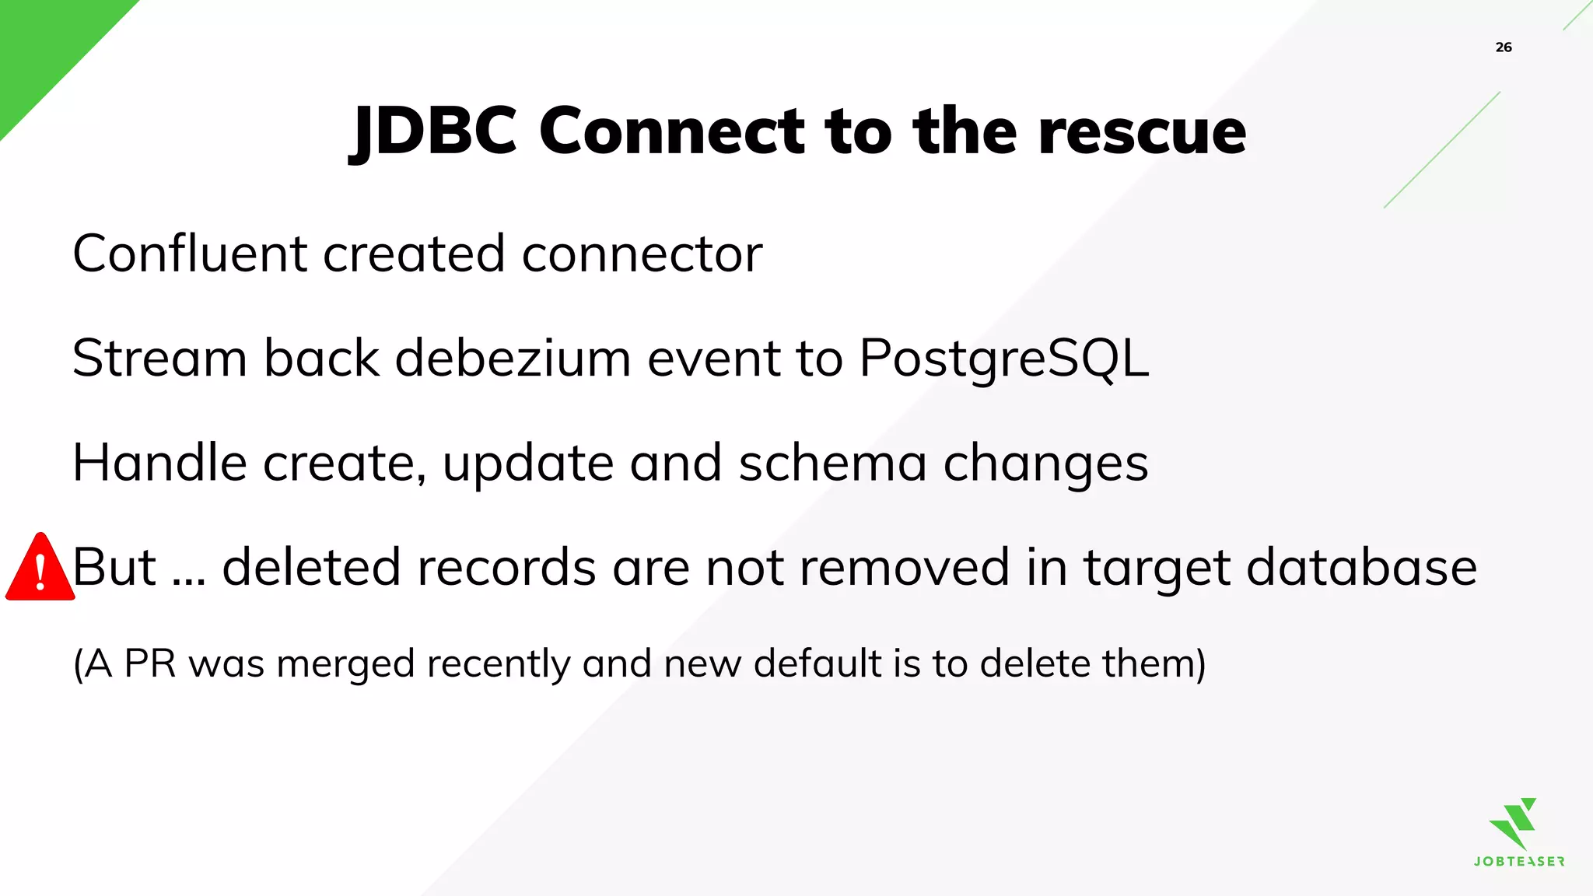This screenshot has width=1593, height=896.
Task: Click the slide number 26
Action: pos(1504,47)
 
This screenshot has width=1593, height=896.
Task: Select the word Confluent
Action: pos(190,254)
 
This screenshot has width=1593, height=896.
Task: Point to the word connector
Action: pos(642,255)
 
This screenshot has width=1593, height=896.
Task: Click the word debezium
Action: pos(513,359)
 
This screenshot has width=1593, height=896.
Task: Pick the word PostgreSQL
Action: pos(1003,359)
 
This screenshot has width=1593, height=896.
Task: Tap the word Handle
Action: pos(159,463)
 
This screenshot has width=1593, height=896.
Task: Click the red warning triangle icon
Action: pos(40,569)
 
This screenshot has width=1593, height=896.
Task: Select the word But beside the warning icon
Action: pos(115,567)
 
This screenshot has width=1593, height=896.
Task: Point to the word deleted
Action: pos(312,567)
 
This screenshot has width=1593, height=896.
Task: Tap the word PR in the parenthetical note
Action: pos(150,664)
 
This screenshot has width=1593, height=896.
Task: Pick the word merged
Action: pos(345,665)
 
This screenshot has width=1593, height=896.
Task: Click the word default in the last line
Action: pos(818,664)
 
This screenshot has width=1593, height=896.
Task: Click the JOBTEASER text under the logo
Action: pos(1519,862)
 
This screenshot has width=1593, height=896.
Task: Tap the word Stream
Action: pos(159,359)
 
